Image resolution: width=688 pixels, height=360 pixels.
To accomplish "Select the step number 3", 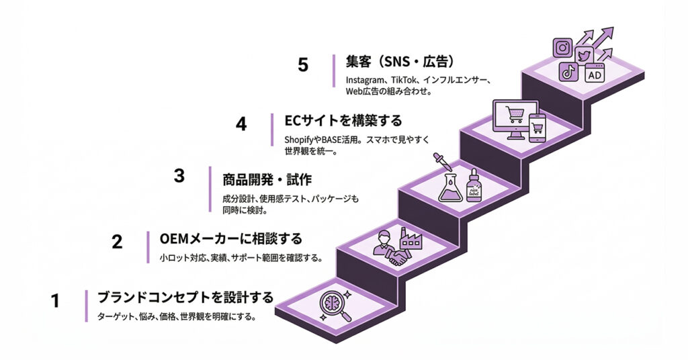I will pos(179,177).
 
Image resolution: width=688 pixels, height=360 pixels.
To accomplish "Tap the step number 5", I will pos(303,65).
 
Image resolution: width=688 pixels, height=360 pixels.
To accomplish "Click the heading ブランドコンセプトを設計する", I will pos(185,298).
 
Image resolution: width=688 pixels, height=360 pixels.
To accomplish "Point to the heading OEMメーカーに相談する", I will pos(230,238).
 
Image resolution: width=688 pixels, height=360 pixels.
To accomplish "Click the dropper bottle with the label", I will pos(475,185).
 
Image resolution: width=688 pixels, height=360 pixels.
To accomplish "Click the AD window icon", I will pos(595,74).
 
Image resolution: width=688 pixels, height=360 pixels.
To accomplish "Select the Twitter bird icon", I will pos(583,53).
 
